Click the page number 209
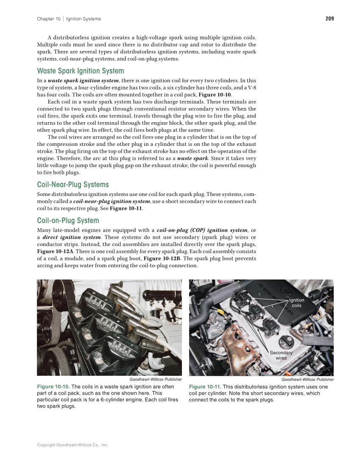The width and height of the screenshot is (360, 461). pyautogui.click(x=329, y=19)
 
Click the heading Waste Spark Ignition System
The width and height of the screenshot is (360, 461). pyautogui.click(x=81, y=71)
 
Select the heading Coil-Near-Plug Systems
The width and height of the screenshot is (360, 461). pyautogui.click(x=73, y=184)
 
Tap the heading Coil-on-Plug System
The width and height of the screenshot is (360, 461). pyautogui.click(x=68, y=221)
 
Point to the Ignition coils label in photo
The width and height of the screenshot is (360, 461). pyautogui.click(x=297, y=303)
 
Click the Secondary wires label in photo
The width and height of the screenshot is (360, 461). pyautogui.click(x=281, y=355)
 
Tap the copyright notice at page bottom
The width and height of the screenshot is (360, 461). pyautogui.click(x=73, y=445)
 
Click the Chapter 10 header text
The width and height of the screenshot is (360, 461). pyautogui.click(x=48, y=19)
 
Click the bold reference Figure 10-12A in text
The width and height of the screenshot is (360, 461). pyautogui.click(x=54, y=251)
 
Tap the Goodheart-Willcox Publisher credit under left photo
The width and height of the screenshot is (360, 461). pyautogui.click(x=156, y=380)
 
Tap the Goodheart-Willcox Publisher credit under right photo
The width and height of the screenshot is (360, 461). pyautogui.click(x=307, y=380)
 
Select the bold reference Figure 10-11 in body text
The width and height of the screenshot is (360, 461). pyautogui.click(x=126, y=209)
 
